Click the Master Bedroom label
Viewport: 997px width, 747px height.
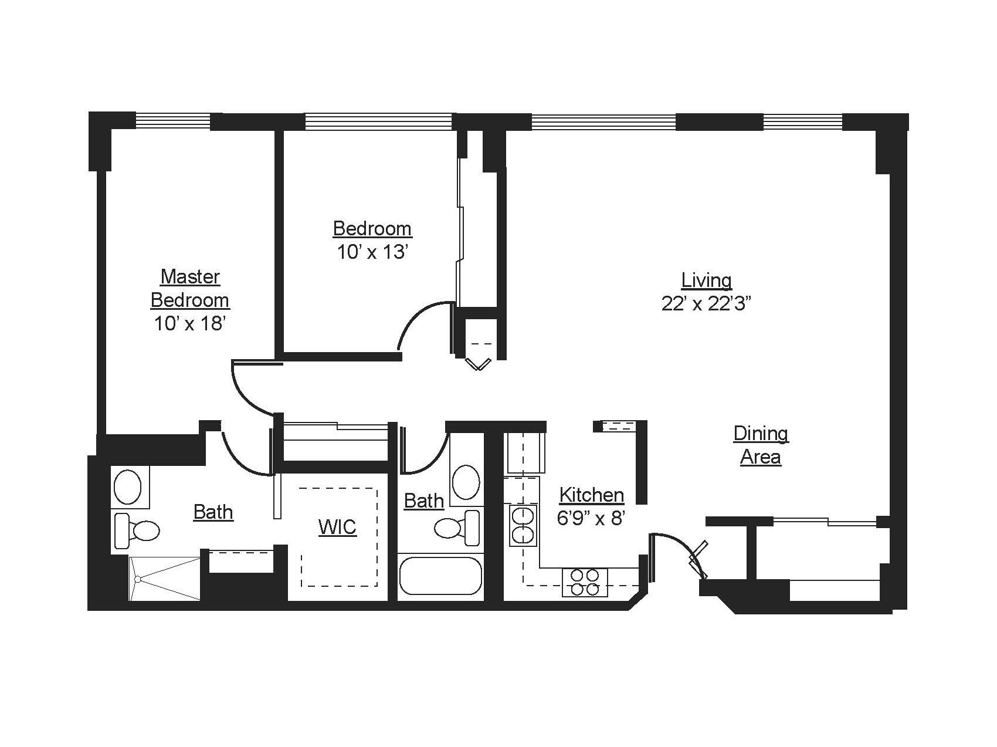click(190, 288)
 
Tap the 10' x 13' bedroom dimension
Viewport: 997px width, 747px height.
click(372, 252)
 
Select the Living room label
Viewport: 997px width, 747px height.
click(706, 280)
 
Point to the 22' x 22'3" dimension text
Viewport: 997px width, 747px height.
click(706, 304)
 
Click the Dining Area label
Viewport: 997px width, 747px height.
click(761, 445)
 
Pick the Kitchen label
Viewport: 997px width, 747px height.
click(591, 495)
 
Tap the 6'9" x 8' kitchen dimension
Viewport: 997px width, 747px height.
click(591, 519)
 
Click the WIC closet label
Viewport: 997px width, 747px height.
click(337, 527)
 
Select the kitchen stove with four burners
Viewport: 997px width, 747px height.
click(585, 582)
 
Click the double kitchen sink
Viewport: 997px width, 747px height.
click(523, 525)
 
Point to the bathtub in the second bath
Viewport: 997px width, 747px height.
click(440, 576)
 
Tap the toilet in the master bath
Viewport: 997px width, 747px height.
click(137, 530)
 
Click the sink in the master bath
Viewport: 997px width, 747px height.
click(127, 486)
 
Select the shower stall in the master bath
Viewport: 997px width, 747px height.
click(165, 579)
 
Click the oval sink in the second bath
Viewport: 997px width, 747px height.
click(466, 482)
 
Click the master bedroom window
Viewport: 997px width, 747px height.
click(172, 121)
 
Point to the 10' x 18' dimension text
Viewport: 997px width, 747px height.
click(190, 323)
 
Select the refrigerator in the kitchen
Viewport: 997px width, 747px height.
click(525, 453)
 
